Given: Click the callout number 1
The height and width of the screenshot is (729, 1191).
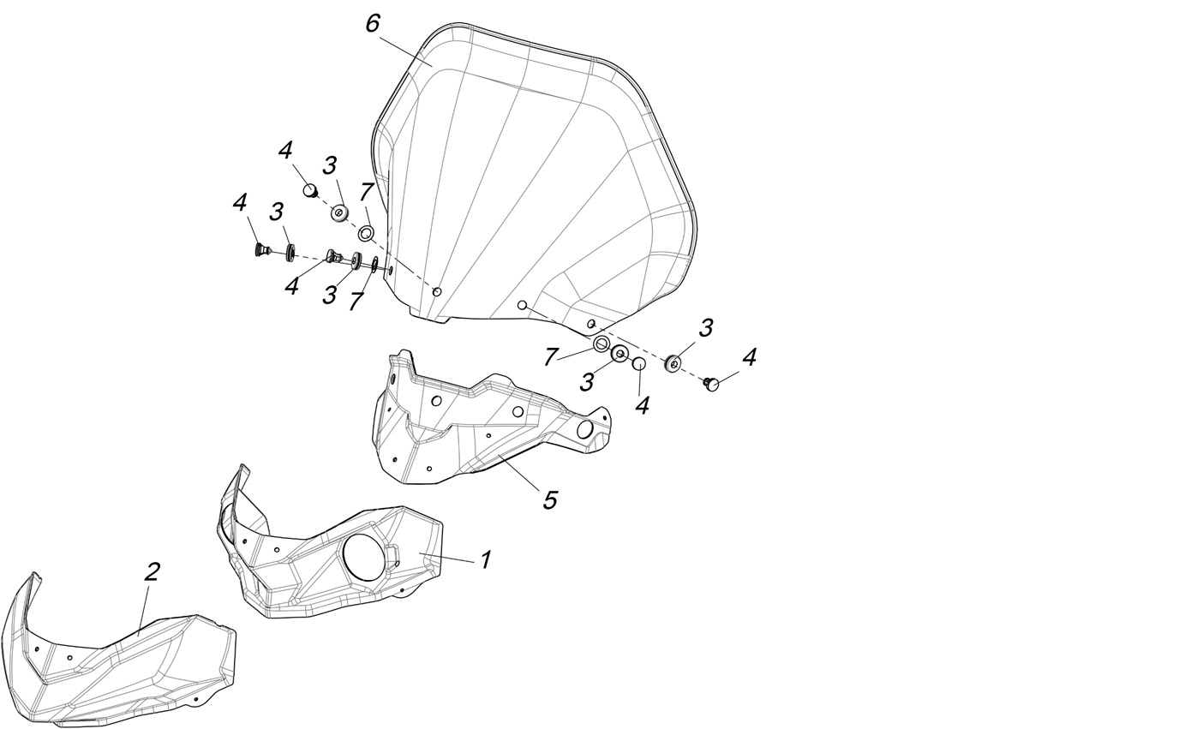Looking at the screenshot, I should point(485,560).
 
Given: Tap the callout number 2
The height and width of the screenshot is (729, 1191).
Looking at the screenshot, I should point(152,572).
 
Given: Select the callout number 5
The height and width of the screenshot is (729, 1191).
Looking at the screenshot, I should point(550,499).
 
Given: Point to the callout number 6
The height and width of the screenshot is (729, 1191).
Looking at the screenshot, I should point(373,24).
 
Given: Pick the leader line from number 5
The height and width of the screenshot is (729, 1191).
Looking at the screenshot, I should point(518,474).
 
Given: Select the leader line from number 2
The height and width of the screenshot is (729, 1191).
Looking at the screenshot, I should point(145,609).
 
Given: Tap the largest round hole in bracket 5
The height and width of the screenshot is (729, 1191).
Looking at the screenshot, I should point(585,429).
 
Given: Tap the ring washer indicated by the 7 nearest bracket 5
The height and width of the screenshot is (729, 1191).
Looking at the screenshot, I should point(601,345).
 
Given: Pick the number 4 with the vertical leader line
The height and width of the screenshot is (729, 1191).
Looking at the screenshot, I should point(642,404).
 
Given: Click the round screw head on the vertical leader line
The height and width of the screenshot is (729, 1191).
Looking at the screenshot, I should point(639,365).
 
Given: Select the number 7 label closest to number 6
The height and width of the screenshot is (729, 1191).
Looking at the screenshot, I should point(366,193).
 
